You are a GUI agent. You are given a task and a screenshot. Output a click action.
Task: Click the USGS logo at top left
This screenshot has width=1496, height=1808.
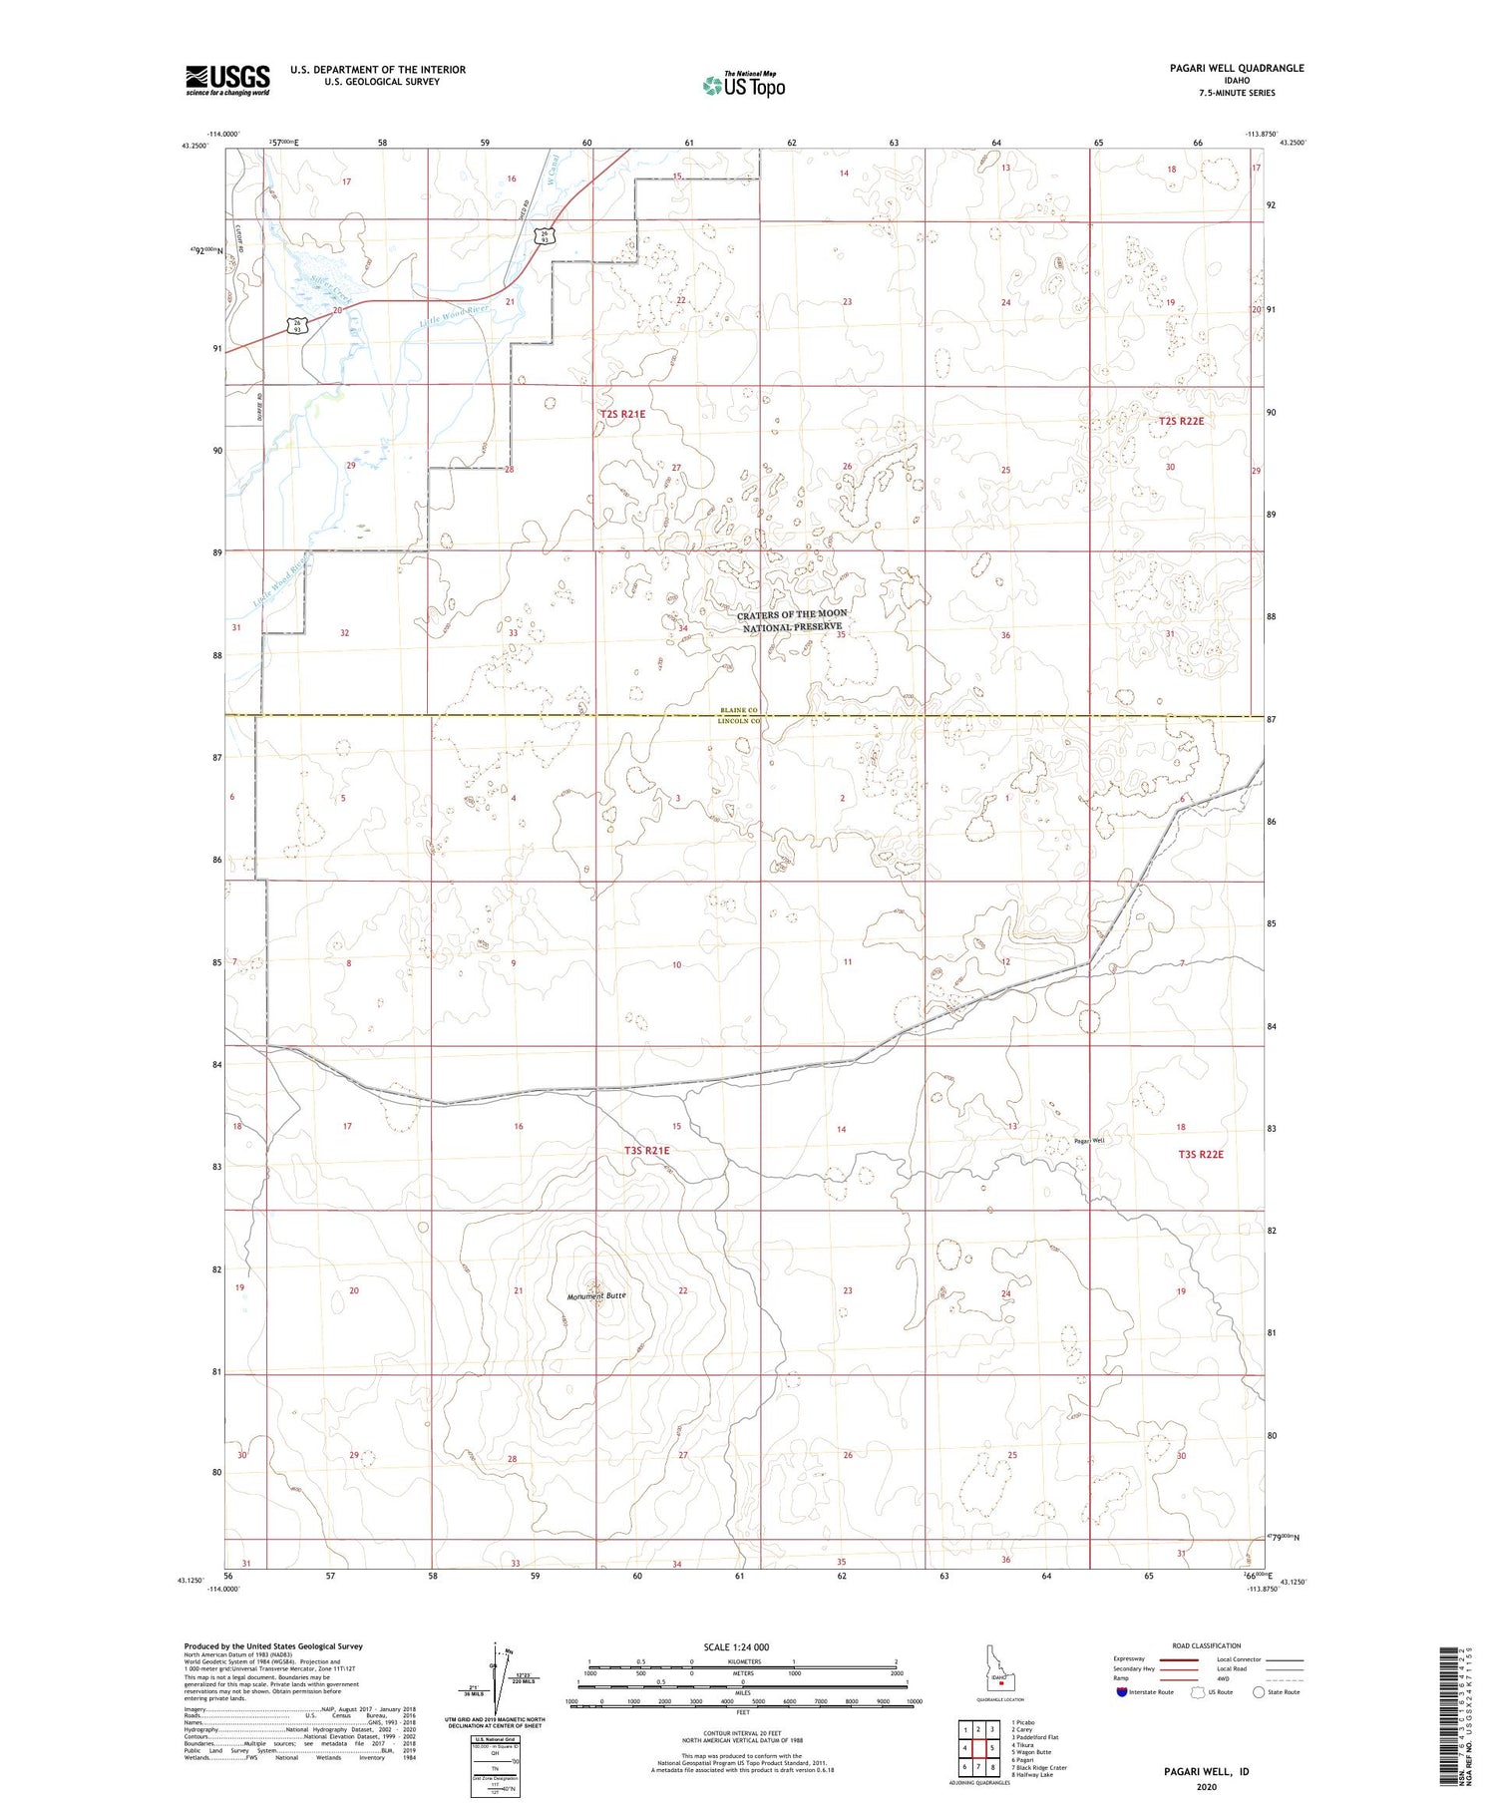(x=227, y=80)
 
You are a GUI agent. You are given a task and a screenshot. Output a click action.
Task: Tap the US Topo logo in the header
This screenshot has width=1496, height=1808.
(x=743, y=86)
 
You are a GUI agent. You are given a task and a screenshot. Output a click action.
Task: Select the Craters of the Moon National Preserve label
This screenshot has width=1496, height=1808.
(x=792, y=620)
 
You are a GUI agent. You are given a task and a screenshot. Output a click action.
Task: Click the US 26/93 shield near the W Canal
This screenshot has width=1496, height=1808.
(x=544, y=236)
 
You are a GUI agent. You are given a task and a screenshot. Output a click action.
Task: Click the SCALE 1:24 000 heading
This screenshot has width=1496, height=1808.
(x=736, y=1646)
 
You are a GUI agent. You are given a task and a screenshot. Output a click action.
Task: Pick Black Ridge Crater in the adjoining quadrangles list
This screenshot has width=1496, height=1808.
(x=1039, y=1767)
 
